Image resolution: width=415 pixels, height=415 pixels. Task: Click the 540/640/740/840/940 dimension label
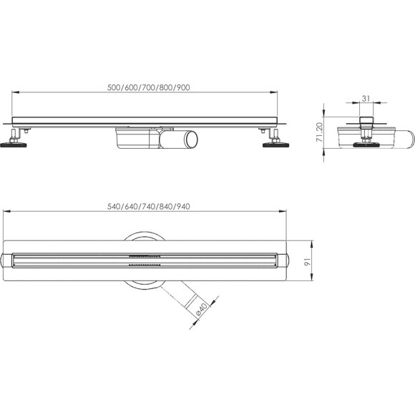click(148, 206)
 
